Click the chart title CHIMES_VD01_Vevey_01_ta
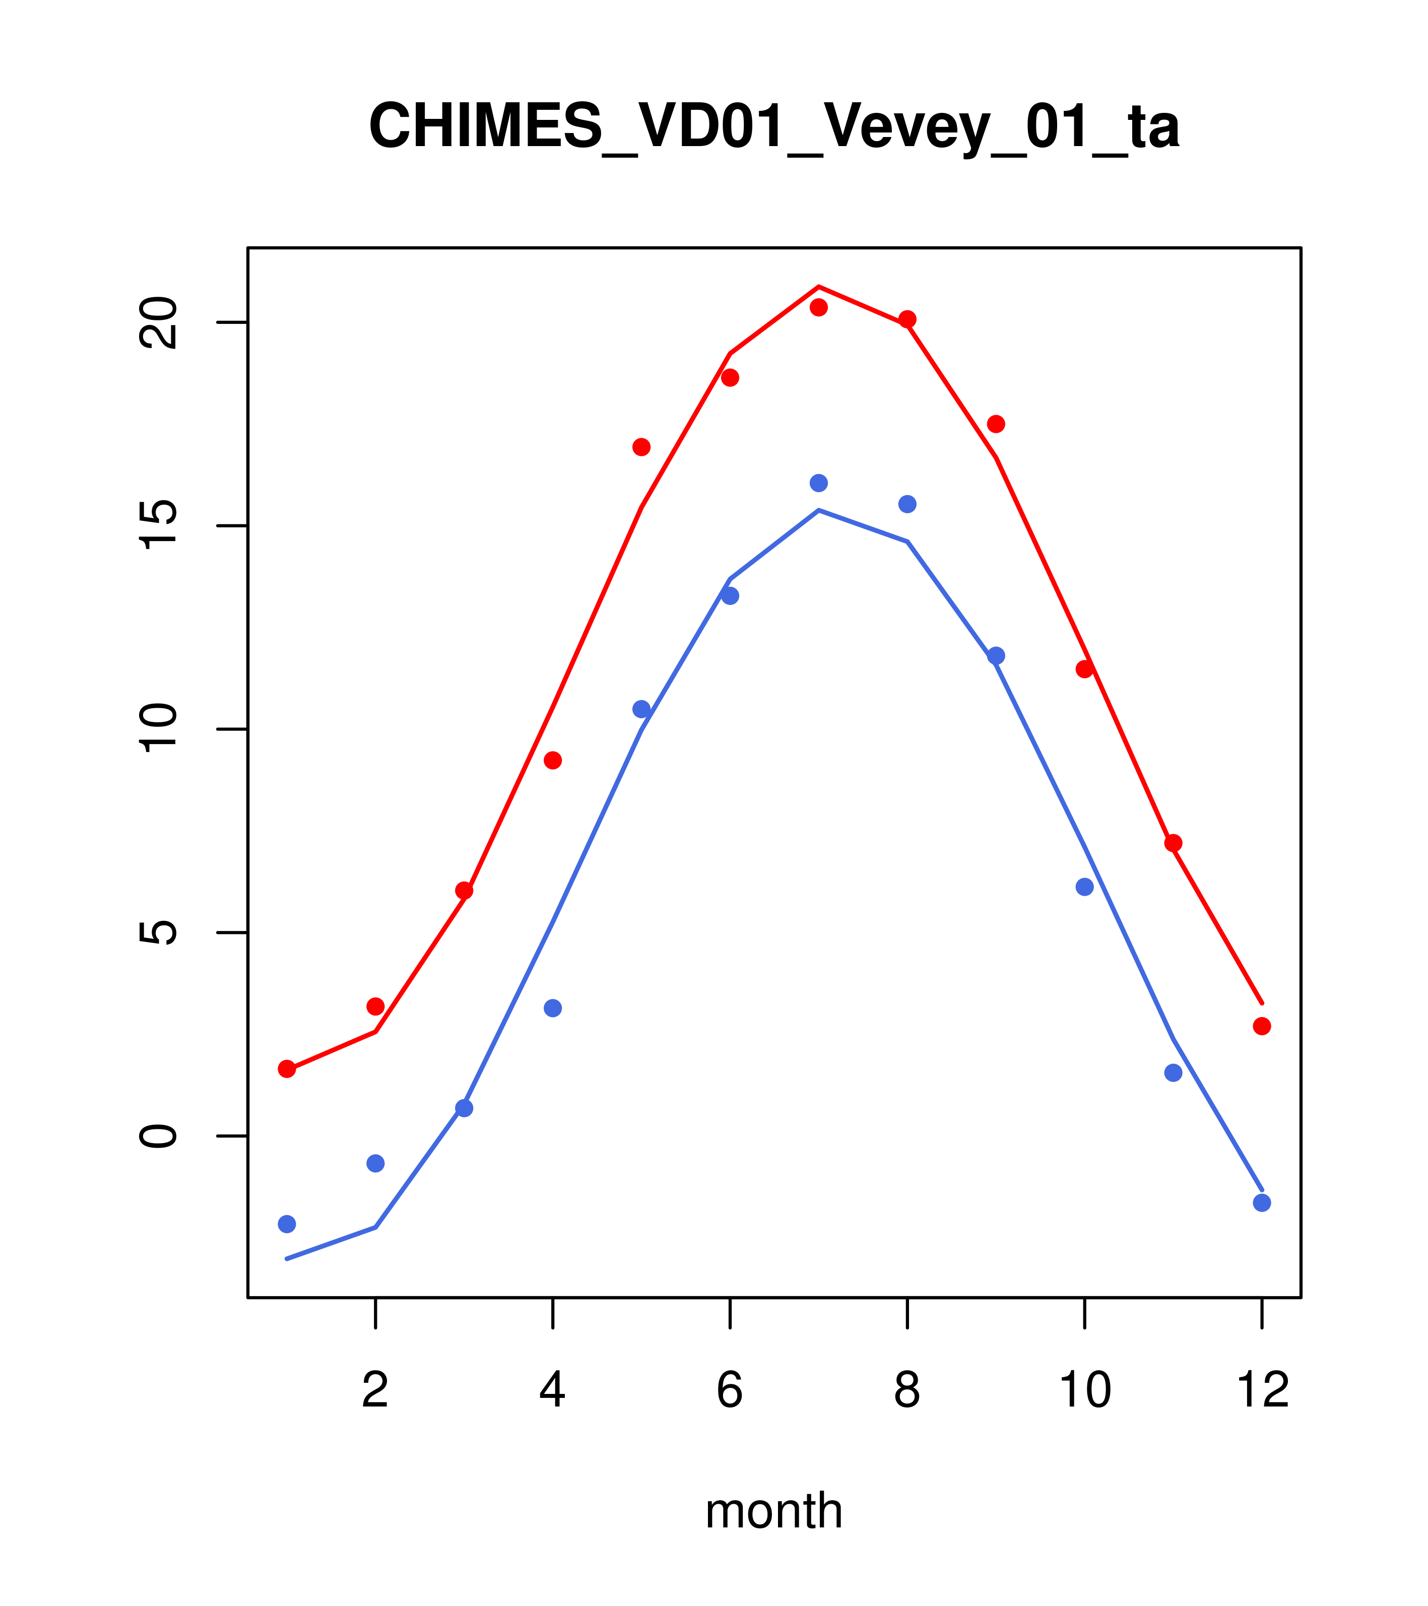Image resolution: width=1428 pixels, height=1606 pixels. (x=773, y=126)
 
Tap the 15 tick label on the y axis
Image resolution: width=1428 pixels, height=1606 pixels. (x=158, y=525)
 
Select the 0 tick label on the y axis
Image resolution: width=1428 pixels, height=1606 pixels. (x=158, y=1136)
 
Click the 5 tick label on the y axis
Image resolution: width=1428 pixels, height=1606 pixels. (x=158, y=932)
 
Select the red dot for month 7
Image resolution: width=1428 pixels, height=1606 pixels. (x=819, y=307)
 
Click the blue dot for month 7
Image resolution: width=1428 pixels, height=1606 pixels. (x=819, y=483)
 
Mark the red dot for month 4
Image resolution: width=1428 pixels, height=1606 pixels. (x=553, y=761)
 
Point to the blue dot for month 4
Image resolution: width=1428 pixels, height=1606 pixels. (x=553, y=1008)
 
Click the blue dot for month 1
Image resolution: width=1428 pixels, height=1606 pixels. (x=287, y=1224)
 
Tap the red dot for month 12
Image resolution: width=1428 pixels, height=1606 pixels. (x=1262, y=1026)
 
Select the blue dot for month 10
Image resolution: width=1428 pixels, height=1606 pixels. (x=1084, y=887)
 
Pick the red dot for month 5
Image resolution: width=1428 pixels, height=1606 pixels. (x=641, y=447)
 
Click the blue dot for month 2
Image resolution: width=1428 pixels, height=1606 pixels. (x=376, y=1163)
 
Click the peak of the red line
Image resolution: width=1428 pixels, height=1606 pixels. (x=819, y=286)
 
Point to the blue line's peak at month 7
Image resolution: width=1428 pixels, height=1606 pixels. (x=819, y=511)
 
